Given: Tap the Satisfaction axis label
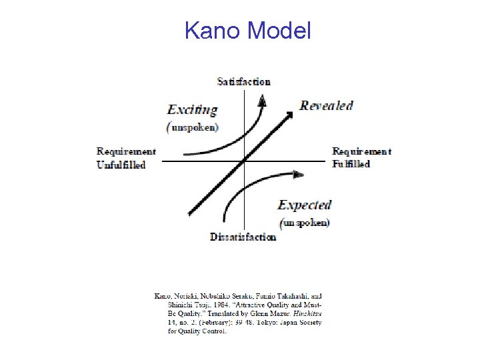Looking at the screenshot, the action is coord(244,81).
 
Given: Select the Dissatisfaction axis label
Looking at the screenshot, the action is coord(243,237).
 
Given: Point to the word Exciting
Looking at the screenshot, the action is coord(193,109).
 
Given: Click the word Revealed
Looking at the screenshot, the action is coord(326,105).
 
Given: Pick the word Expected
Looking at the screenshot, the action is coord(305,205).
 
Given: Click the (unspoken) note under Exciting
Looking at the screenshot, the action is coord(194,127).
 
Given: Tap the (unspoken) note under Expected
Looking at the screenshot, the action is coord(305,222).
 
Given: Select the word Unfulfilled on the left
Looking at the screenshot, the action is coord(121,164).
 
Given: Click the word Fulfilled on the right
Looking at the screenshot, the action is coord(351,164).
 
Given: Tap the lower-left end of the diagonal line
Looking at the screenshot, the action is coord(190,215).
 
